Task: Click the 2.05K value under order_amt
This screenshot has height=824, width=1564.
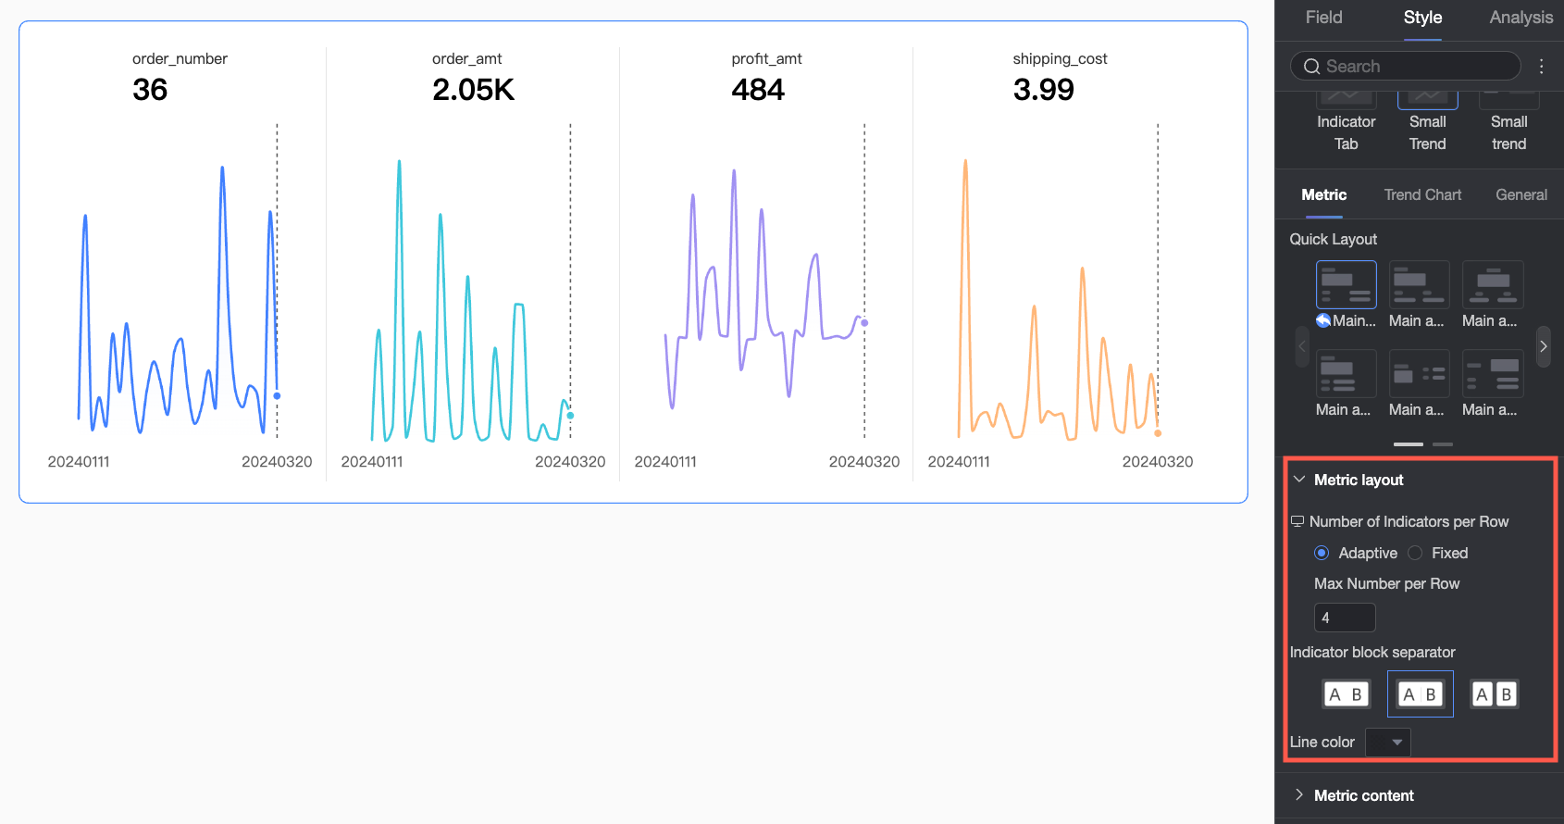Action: (x=473, y=90)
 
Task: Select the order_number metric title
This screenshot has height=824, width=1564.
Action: (x=180, y=58)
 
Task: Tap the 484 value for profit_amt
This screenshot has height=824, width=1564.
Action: (x=758, y=90)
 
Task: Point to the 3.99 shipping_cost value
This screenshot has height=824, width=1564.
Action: (x=1043, y=90)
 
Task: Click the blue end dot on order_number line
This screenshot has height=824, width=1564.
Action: (x=278, y=396)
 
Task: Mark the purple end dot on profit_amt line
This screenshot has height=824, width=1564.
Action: (x=864, y=322)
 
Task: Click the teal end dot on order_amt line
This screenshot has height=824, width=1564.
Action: (x=570, y=416)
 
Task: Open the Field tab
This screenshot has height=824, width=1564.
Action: (x=1323, y=18)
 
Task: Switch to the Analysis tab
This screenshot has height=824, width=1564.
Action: (x=1521, y=18)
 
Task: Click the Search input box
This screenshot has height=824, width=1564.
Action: (x=1405, y=67)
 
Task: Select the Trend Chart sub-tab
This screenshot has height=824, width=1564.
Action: (x=1422, y=194)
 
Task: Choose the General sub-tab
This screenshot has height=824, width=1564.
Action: (x=1521, y=194)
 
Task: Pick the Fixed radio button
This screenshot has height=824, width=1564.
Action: (x=1415, y=553)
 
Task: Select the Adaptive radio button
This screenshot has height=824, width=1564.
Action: (x=1321, y=553)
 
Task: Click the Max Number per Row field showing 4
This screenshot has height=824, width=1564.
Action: (x=1345, y=618)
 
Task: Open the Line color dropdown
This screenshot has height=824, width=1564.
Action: (x=1388, y=743)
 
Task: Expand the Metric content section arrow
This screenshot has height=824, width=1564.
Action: (x=1299, y=794)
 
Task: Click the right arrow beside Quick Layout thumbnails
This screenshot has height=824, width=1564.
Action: (x=1543, y=346)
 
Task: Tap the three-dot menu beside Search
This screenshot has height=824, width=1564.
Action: (x=1542, y=67)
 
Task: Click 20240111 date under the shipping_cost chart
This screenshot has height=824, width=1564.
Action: (x=958, y=462)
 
